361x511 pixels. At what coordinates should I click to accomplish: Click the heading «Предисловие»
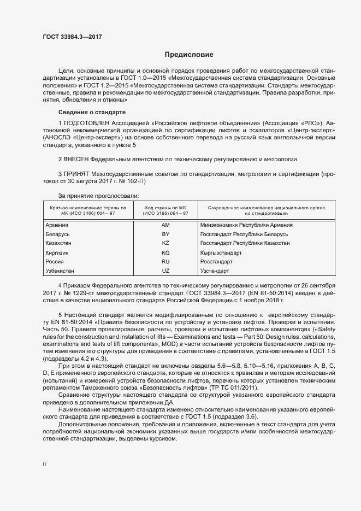pos(189,55)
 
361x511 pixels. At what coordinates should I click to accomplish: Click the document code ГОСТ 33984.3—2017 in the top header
pos(72,37)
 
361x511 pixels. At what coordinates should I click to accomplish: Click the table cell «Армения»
pos(57,225)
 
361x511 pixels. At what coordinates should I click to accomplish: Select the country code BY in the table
pos(166,234)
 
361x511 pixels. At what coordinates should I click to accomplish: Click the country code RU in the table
pos(166,262)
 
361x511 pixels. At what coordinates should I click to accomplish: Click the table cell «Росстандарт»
pos(217,262)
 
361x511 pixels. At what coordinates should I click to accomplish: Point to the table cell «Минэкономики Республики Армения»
pos(247,225)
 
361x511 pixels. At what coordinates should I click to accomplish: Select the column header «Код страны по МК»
pos(166,208)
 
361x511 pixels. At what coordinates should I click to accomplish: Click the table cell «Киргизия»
pos(58,253)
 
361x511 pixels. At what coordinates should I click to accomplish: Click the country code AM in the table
pos(166,225)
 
